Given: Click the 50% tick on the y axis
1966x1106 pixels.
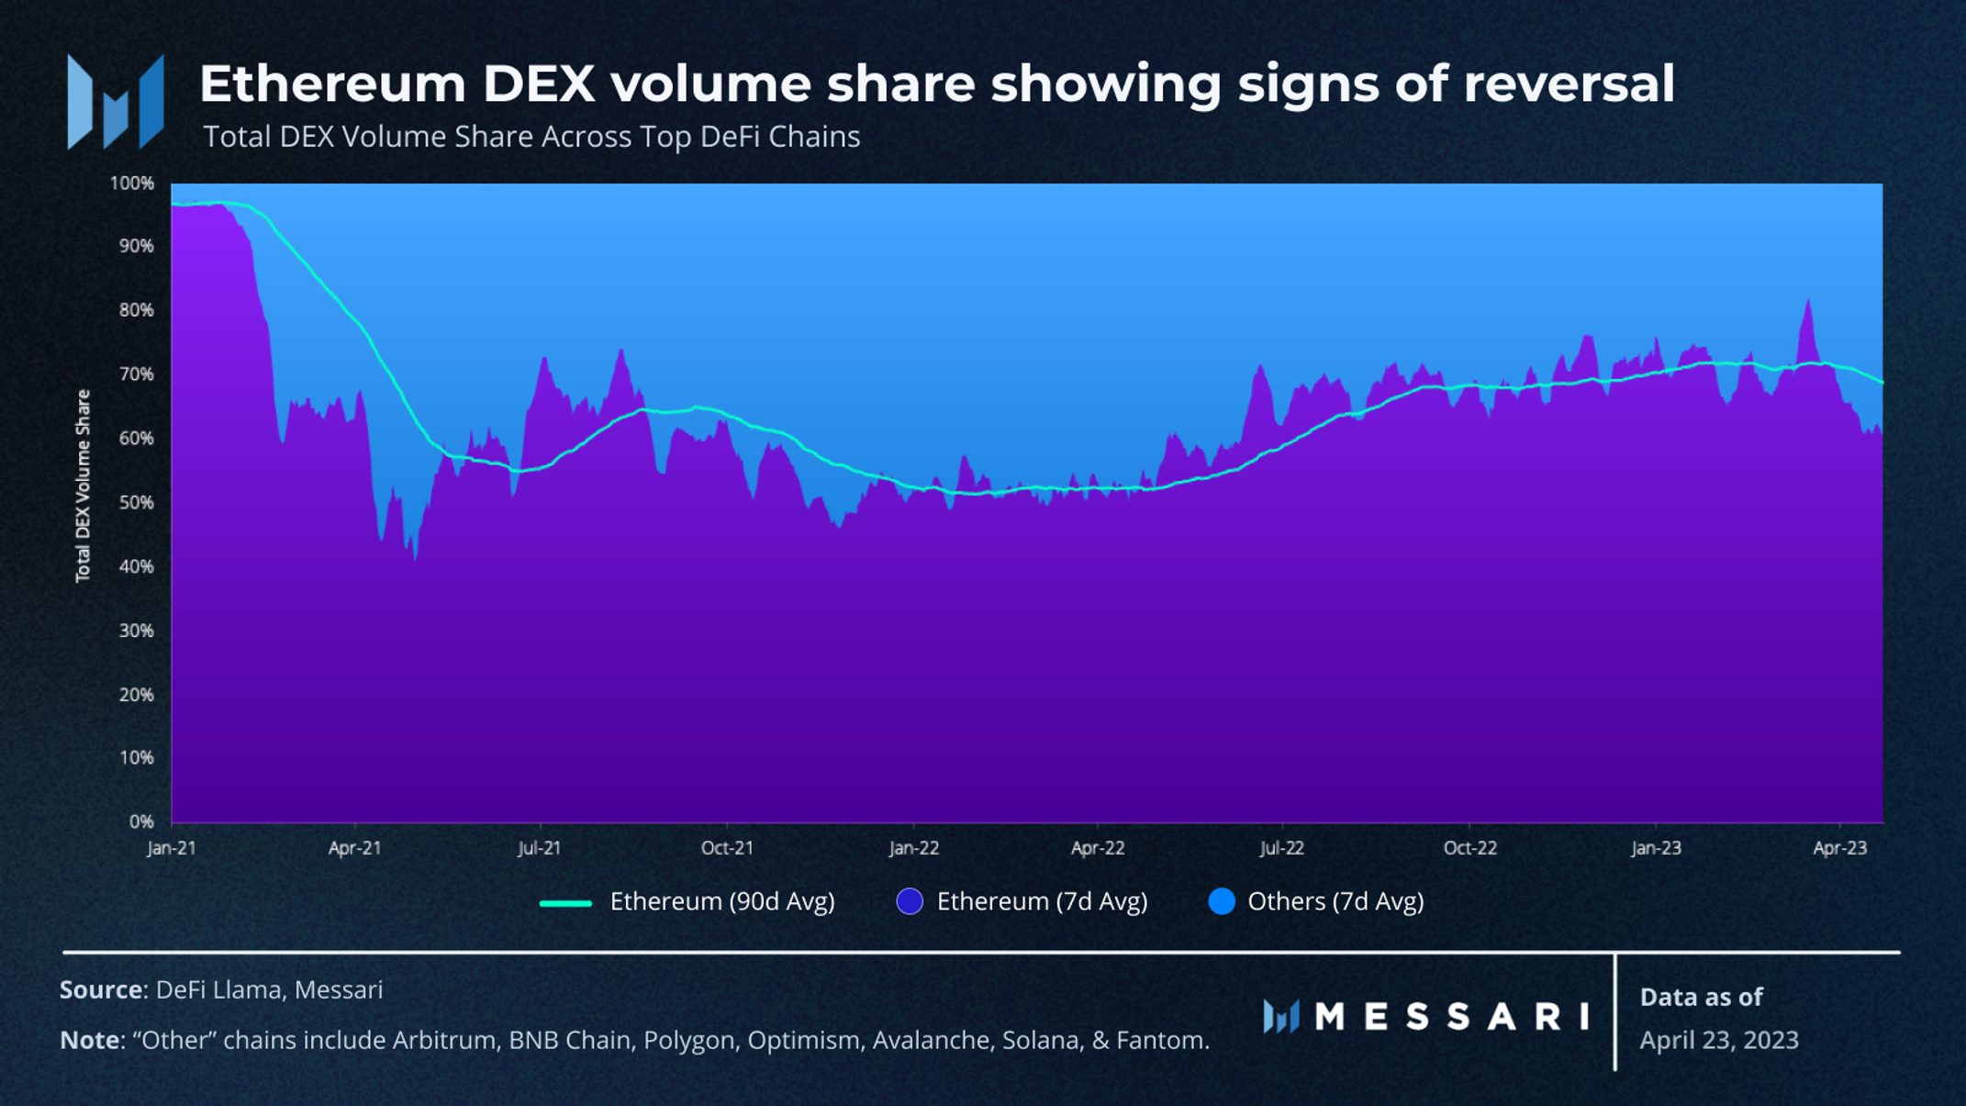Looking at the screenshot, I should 136,503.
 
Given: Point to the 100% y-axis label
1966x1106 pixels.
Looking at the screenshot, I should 132,184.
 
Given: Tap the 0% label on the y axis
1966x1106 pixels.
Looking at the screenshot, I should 141,821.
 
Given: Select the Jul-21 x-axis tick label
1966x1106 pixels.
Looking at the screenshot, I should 539,848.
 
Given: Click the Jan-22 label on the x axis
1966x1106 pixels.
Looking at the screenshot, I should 913,848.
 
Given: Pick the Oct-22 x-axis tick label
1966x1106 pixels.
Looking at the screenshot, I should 1469,848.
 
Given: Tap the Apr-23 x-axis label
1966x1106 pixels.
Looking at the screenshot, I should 1839,848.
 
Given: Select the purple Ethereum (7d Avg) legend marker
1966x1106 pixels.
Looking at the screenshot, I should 909,901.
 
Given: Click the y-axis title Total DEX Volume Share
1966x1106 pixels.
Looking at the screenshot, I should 84,486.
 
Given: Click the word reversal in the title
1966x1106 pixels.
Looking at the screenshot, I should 1569,84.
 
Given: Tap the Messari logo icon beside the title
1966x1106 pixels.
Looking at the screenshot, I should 116,101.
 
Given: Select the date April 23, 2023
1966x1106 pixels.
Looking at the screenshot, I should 1718,1040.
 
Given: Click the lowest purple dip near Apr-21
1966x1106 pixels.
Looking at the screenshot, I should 416,556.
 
